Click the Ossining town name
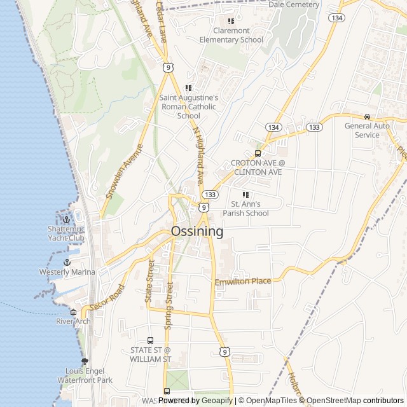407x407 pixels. [197, 232]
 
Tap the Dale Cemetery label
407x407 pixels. [294, 4]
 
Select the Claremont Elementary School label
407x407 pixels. [231, 35]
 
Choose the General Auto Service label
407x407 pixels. [367, 130]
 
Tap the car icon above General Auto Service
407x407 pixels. [367, 116]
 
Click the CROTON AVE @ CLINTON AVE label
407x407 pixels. [257, 167]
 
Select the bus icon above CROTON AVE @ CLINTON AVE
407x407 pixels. [258, 153]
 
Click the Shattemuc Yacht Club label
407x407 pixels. [66, 233]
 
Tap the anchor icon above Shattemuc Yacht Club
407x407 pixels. [66, 219]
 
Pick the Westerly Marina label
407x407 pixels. [67, 272]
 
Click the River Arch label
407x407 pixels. [74, 321]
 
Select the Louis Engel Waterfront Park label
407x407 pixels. [88, 375]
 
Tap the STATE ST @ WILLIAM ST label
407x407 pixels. [151, 354]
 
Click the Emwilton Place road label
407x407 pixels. [243, 281]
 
